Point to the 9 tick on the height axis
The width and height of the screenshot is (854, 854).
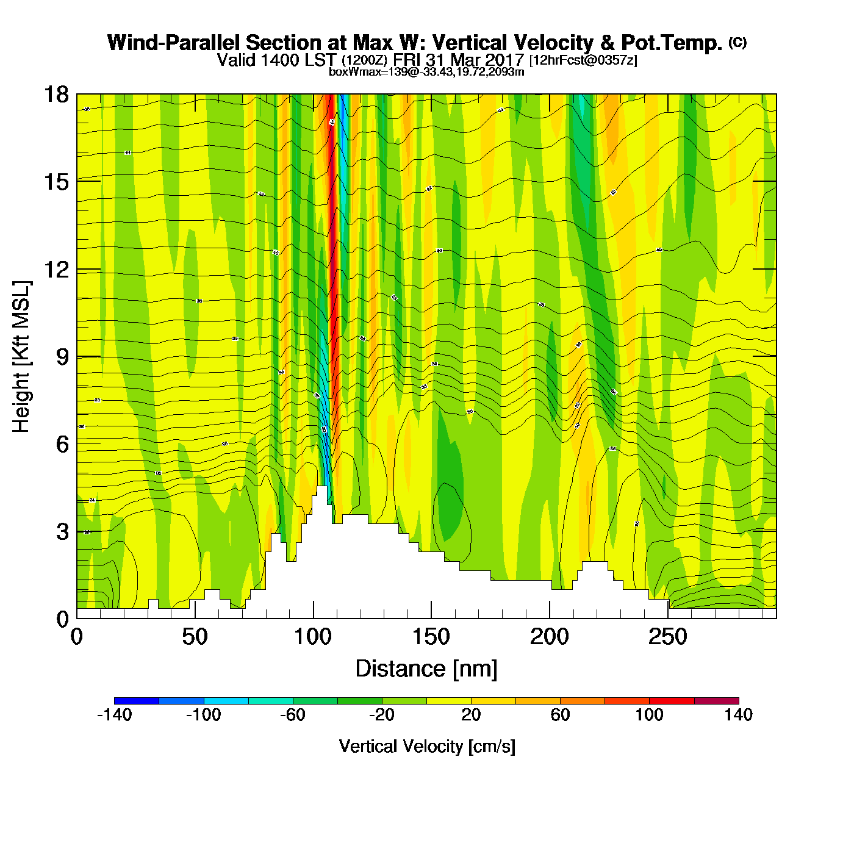[x=62, y=357]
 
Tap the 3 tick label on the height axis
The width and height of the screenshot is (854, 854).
[x=62, y=532]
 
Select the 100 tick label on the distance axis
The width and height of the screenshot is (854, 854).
[x=313, y=637]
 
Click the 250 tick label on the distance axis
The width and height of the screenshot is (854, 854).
[x=668, y=637]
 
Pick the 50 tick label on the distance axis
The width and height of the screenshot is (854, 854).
[x=195, y=637]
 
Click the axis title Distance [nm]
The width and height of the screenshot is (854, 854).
[x=426, y=669]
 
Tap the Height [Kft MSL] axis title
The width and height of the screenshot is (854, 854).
[x=21, y=357]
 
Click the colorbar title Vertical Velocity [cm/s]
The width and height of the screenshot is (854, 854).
[x=427, y=746]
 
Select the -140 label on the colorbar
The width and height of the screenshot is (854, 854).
[x=115, y=715]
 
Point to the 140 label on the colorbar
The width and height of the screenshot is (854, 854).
[x=739, y=715]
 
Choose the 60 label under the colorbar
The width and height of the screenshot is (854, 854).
[x=560, y=715]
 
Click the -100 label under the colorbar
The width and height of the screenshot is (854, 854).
[x=203, y=715]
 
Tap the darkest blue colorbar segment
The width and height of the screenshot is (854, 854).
[x=137, y=701]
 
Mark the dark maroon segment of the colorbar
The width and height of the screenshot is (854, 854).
[x=716, y=701]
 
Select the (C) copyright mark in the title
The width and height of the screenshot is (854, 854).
[x=737, y=42]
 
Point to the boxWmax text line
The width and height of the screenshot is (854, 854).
[x=426, y=72]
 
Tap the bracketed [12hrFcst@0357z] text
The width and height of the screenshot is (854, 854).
[x=583, y=60]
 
